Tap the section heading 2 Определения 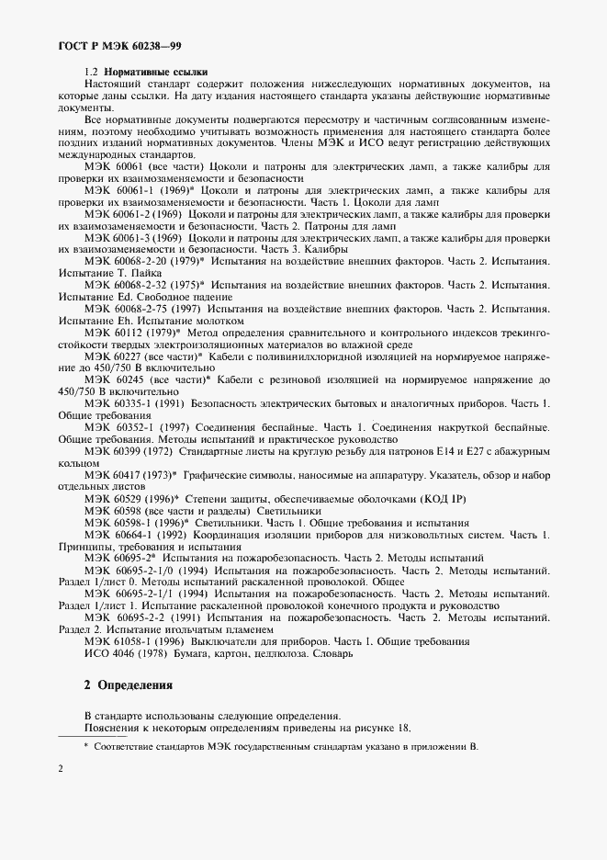(127, 685)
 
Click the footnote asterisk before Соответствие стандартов (85, 745)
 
